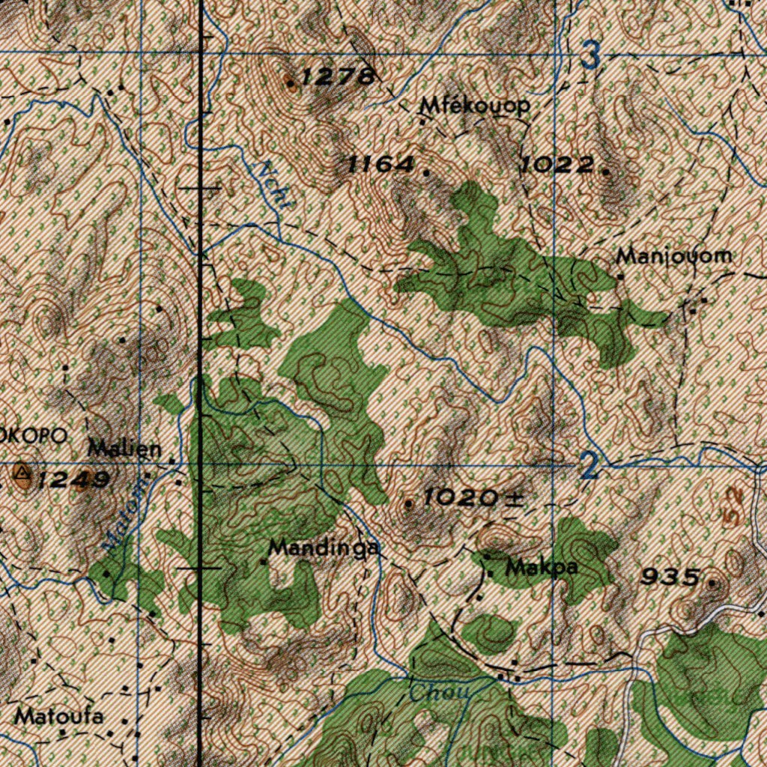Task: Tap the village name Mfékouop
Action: pyautogui.click(x=475, y=106)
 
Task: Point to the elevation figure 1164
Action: pyautogui.click(x=382, y=164)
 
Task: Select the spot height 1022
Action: pyautogui.click(x=559, y=164)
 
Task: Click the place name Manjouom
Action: pyautogui.click(x=673, y=256)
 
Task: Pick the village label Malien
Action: pyautogui.click(x=124, y=449)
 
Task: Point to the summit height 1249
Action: pyautogui.click(x=75, y=479)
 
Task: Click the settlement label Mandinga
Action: pyautogui.click(x=324, y=548)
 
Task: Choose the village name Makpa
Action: pyautogui.click(x=541, y=568)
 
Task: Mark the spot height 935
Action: pyautogui.click(x=672, y=577)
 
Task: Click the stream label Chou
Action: pyautogui.click(x=439, y=693)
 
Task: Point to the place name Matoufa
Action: pyautogui.click(x=59, y=716)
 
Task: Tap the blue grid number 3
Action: pyautogui.click(x=591, y=56)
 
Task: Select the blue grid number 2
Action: pyautogui.click(x=590, y=467)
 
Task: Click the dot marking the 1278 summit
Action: pyautogui.click(x=291, y=83)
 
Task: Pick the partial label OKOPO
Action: pyautogui.click(x=34, y=436)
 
